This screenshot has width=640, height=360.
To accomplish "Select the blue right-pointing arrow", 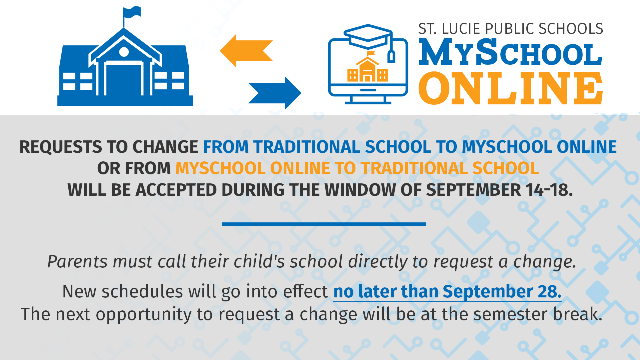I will pyautogui.click(x=275, y=93).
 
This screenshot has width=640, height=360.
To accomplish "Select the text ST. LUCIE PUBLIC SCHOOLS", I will pyautogui.click(x=510, y=29).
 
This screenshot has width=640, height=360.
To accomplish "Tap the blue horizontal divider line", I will pyautogui.click(x=324, y=224).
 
